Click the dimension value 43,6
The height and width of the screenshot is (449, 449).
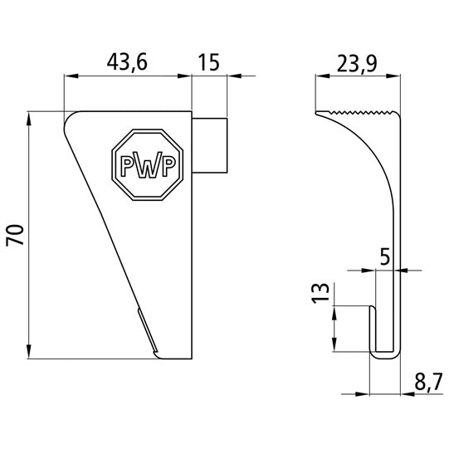pos(128,61)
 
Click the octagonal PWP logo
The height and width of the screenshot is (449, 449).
pos(149,163)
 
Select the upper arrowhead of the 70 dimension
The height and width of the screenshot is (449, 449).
pos(30,117)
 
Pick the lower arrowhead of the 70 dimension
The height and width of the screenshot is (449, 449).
pos(30,353)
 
